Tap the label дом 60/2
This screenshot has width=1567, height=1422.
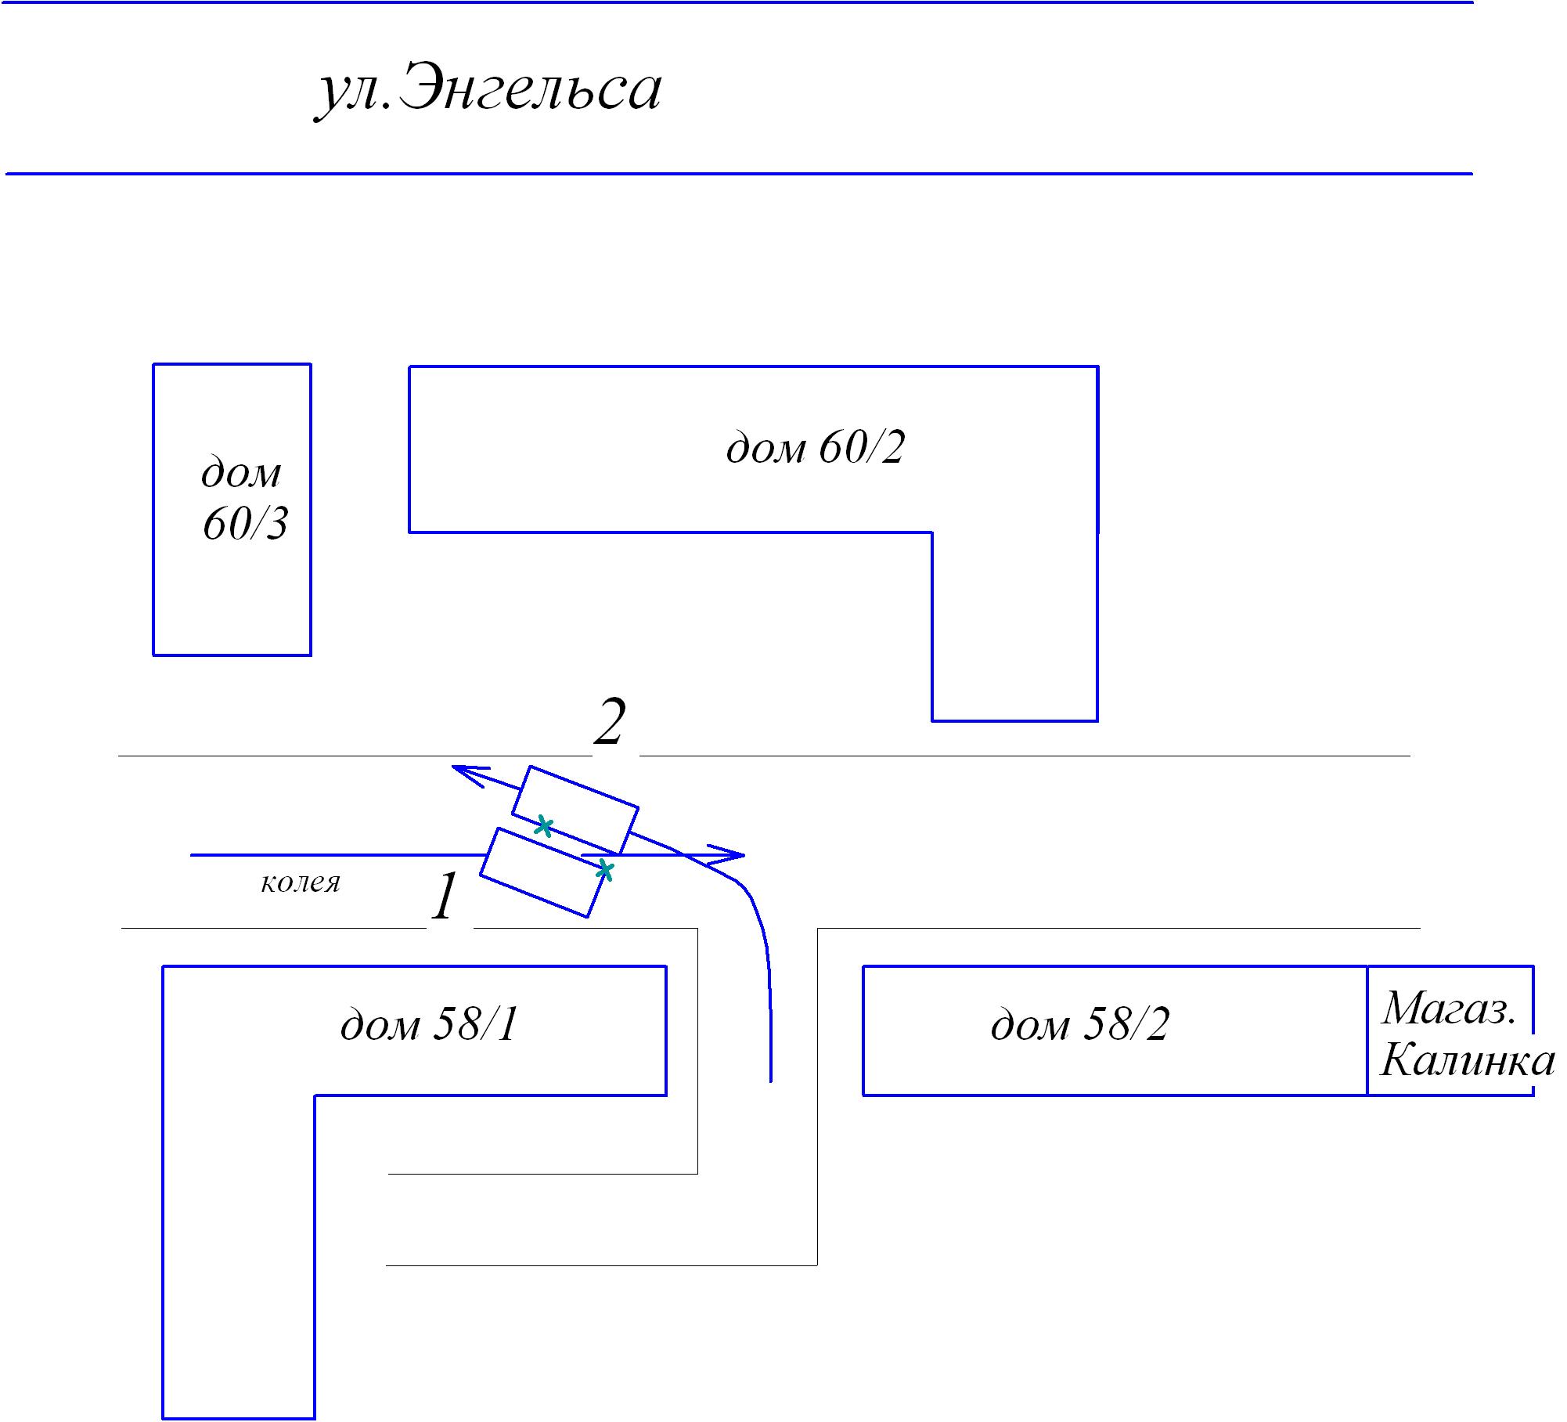pyautogui.click(x=815, y=449)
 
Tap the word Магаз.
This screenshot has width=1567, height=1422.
pyautogui.click(x=1449, y=1009)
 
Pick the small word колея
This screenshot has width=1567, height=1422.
pyautogui.click(x=301, y=882)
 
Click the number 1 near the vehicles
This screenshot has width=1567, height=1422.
pyautogui.click(x=445, y=897)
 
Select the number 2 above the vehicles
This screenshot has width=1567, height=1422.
pyautogui.click(x=611, y=722)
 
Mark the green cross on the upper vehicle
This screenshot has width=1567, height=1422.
pyautogui.click(x=544, y=826)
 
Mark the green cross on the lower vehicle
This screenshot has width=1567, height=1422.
pyautogui.click(x=604, y=870)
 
